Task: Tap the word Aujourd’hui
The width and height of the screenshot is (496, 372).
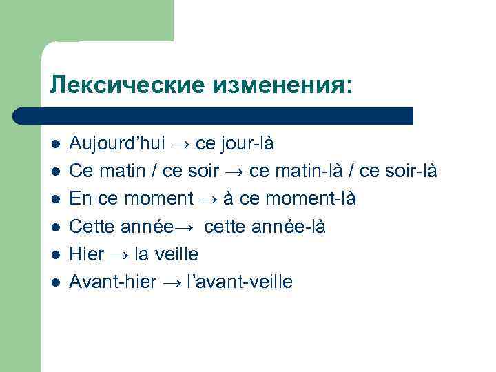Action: pyautogui.click(x=117, y=144)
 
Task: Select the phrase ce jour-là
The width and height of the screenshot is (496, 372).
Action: pyautogui.click(x=235, y=144)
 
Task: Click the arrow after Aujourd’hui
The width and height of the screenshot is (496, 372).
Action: pyautogui.click(x=180, y=144)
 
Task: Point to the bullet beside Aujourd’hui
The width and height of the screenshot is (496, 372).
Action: pyautogui.click(x=56, y=145)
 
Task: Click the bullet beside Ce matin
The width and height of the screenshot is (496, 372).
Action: pyautogui.click(x=56, y=172)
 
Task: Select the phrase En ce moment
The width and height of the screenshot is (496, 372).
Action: pyautogui.click(x=131, y=199)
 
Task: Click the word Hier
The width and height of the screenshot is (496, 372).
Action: pyautogui.click(x=87, y=254)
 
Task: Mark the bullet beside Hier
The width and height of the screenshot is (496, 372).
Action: pyautogui.click(x=56, y=255)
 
